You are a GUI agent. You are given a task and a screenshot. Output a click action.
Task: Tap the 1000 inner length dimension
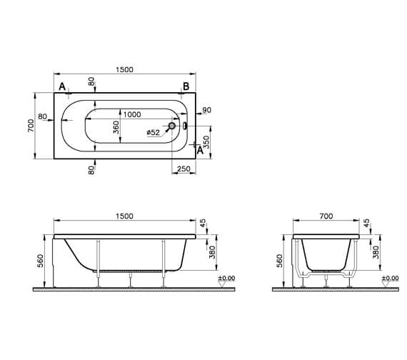pos(131,115)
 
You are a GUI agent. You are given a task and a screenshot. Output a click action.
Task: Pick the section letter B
pos(185,86)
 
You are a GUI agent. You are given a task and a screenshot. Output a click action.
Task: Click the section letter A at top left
pos(63,87)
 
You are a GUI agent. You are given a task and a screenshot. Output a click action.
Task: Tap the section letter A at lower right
pos(200,149)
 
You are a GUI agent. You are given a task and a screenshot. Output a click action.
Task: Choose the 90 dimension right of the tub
pos(206,110)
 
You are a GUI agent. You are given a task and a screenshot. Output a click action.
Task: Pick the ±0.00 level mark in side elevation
pos(226,278)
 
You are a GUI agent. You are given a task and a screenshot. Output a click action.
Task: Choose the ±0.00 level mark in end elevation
pos(390,278)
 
